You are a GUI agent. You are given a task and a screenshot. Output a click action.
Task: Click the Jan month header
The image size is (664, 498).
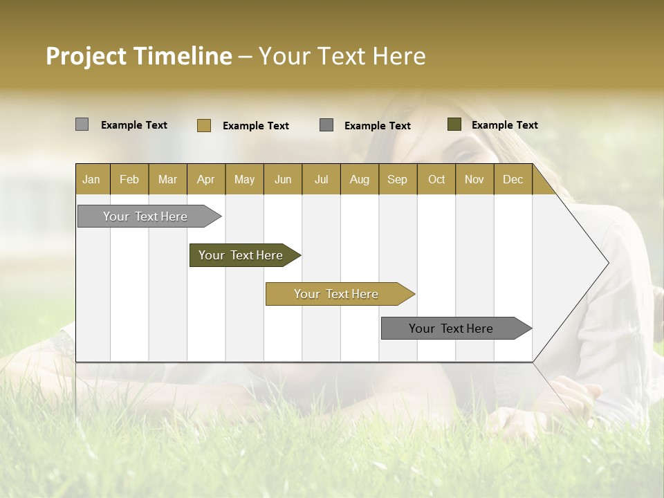pos(92,179)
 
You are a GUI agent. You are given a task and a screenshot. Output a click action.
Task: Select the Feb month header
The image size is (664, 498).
pos(129,179)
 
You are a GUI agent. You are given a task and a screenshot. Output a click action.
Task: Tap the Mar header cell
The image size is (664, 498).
pos(167,179)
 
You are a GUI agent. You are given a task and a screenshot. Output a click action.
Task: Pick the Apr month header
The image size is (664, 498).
pos(206,179)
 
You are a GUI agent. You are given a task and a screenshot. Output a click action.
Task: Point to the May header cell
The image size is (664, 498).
pos(244,179)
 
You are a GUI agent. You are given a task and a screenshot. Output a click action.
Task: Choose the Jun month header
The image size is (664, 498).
pos(283,179)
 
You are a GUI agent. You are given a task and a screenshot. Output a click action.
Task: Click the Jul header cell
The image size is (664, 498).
pos(321,179)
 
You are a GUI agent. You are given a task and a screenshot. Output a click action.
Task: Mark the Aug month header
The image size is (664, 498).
pos(360,179)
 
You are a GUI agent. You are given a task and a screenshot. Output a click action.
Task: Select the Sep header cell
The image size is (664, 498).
pos(398,179)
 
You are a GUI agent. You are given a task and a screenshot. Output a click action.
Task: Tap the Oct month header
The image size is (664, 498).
pos(436,179)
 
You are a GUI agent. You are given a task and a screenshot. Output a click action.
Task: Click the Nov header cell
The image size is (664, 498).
pos(474,179)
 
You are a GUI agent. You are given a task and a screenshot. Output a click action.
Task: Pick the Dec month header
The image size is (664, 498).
pos(513,179)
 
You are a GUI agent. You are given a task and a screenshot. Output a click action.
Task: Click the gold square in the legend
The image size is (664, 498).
pos(204,125)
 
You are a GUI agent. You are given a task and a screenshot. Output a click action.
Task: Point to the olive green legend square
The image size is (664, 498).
pos(454,124)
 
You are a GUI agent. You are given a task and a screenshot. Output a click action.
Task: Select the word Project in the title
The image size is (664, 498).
pos(86,56)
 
